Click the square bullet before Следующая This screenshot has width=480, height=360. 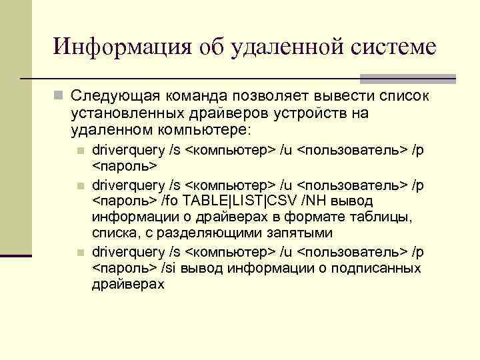click(59, 96)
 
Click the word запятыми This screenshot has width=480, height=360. click(291, 234)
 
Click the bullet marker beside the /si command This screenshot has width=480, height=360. click(80, 253)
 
